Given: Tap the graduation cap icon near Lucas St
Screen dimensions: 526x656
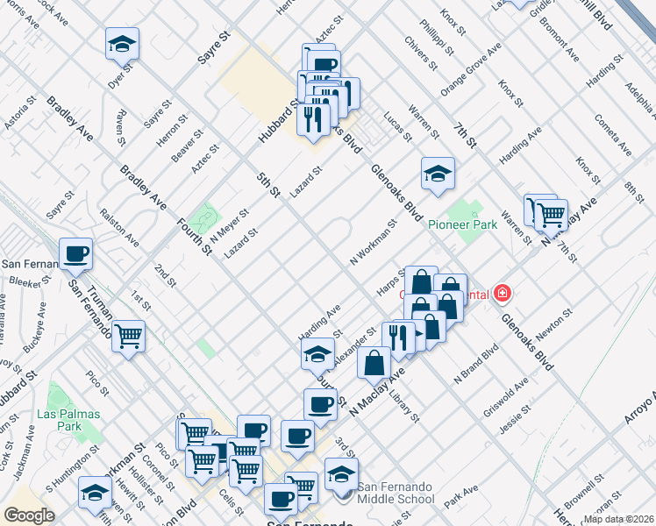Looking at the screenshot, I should (437, 174).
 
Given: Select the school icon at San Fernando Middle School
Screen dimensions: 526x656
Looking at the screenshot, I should (341, 474).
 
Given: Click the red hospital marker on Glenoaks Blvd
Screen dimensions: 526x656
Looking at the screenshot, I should (503, 294).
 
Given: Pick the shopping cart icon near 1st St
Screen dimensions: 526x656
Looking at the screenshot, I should (128, 337).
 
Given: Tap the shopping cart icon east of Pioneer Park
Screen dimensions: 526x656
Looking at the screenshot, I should (551, 213).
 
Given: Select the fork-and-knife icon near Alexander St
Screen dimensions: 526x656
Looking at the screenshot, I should (398, 338).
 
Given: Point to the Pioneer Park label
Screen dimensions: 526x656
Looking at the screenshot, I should (462, 225).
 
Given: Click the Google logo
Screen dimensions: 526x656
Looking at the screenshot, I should (29, 515).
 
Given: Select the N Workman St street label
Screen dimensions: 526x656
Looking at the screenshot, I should (374, 243).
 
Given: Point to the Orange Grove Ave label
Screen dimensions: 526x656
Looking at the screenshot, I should (470, 68).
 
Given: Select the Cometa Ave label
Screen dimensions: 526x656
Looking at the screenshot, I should (611, 134).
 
